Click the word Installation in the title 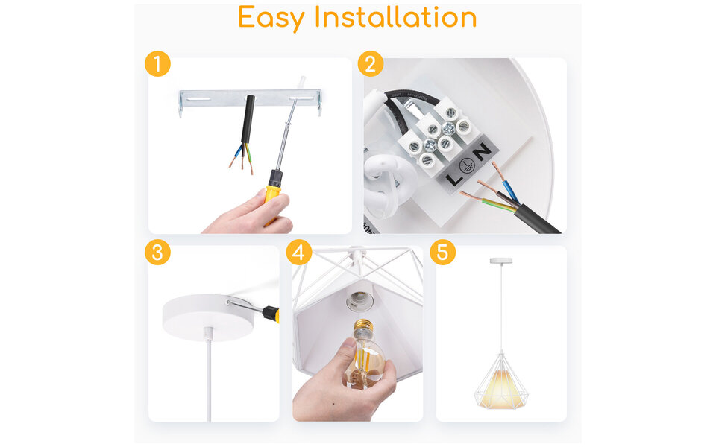coord(395,17)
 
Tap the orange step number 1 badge coord(157,64)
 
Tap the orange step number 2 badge coord(371,64)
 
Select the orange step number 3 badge coord(157,253)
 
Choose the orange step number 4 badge coord(299,253)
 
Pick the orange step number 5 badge coord(442,253)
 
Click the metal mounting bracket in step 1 coord(209,98)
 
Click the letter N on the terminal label coord(483,151)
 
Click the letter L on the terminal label coord(453,180)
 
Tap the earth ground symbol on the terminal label coord(468,165)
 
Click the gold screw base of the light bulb coord(363,329)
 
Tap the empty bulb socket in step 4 coord(359,298)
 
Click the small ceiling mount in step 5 coord(500,261)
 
